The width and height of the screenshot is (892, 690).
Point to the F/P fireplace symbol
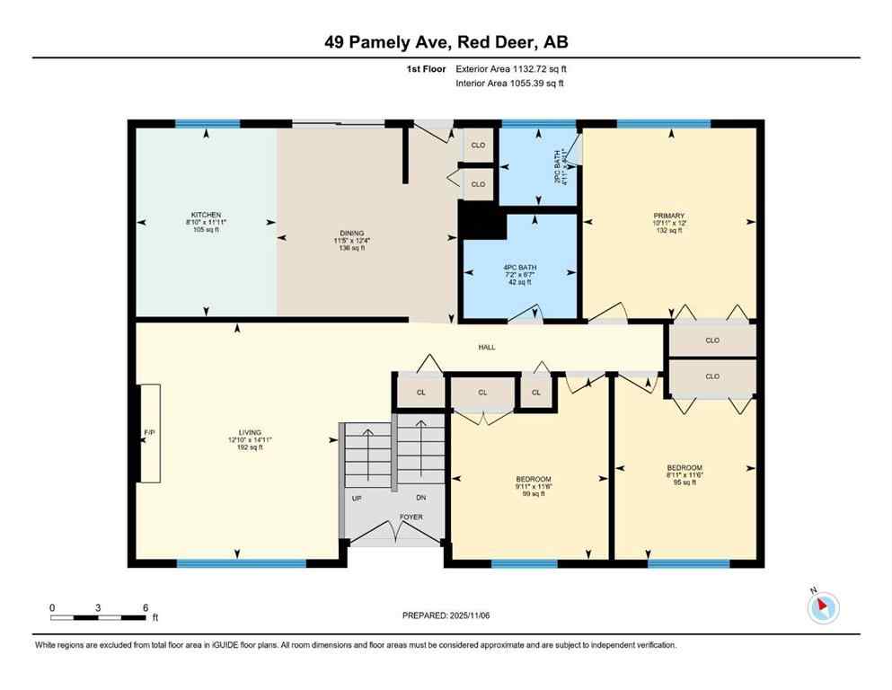(149, 433)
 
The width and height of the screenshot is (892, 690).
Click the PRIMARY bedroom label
(669, 217)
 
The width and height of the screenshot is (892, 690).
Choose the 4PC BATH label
(517, 268)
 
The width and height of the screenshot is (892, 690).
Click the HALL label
(486, 348)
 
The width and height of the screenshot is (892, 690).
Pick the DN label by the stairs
(420, 498)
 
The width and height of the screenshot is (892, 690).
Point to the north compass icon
(822, 607)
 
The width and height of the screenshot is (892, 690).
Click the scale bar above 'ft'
(99, 617)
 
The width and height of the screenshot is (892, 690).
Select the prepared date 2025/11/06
(446, 615)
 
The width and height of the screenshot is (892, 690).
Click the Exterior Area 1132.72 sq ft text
(511, 68)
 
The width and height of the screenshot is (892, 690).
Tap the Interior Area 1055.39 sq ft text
(511, 84)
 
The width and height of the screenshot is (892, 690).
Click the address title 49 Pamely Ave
(446, 41)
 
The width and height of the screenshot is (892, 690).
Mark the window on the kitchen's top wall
(208, 124)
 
